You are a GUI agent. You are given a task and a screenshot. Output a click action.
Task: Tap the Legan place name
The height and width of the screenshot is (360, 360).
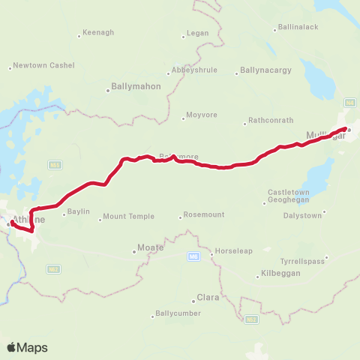(x=196, y=34)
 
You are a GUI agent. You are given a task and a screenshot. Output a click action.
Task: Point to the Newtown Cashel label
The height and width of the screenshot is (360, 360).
(x=43, y=65)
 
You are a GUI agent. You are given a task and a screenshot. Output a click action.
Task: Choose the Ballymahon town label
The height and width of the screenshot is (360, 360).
(x=136, y=86)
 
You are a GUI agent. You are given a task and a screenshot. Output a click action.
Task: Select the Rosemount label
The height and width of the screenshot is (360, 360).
(x=204, y=215)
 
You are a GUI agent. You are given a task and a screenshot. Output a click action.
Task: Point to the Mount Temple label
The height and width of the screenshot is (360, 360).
(x=128, y=217)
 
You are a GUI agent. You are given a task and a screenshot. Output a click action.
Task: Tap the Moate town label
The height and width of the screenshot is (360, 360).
(x=151, y=247)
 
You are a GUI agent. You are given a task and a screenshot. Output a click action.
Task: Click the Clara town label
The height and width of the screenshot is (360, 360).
(x=207, y=297)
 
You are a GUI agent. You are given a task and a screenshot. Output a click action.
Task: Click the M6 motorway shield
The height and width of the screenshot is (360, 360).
(x=193, y=256)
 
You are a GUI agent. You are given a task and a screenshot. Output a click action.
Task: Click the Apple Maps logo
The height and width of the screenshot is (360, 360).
(x=27, y=347)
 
